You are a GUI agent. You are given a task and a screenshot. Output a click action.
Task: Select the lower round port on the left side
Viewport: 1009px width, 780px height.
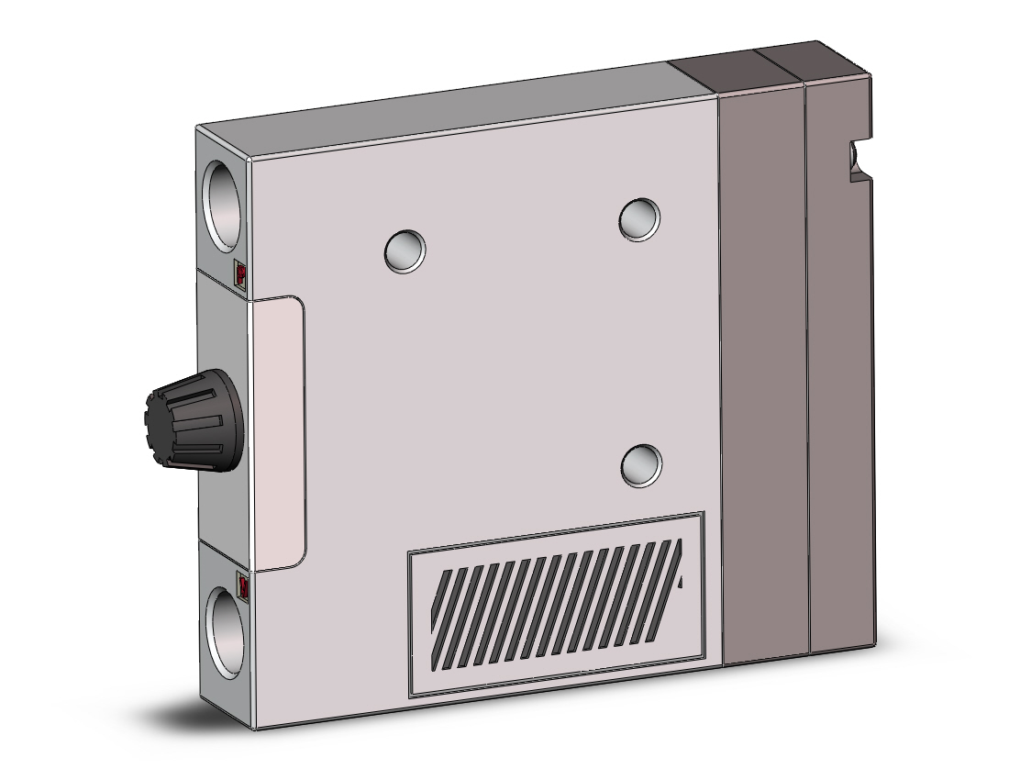[x=224, y=630]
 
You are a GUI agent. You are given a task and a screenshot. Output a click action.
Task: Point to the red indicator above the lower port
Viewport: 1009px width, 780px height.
[x=243, y=583]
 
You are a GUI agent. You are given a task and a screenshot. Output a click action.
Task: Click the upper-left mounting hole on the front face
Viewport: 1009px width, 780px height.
[x=405, y=250]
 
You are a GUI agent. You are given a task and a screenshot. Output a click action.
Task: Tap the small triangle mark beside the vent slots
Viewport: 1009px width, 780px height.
[x=680, y=582]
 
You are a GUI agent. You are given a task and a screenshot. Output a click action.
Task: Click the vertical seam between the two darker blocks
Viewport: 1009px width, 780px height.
[x=807, y=367]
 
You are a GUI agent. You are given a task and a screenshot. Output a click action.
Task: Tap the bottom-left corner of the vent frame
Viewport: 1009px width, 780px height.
[x=411, y=696]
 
